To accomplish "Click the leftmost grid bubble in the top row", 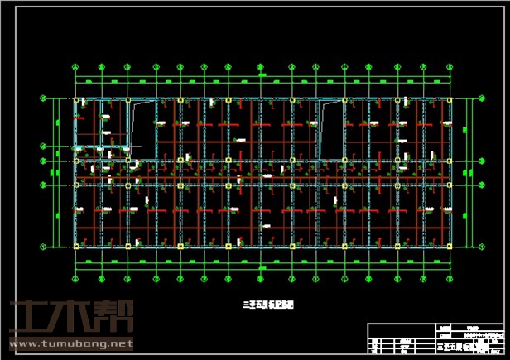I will (x=75, y=67).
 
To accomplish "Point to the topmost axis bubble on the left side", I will (x=43, y=98).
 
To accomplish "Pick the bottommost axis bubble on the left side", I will (x=43, y=246).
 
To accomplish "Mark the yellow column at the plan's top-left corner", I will (x=76, y=100).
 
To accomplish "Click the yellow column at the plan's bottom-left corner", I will (x=76, y=246).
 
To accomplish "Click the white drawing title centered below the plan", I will (x=262, y=305).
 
